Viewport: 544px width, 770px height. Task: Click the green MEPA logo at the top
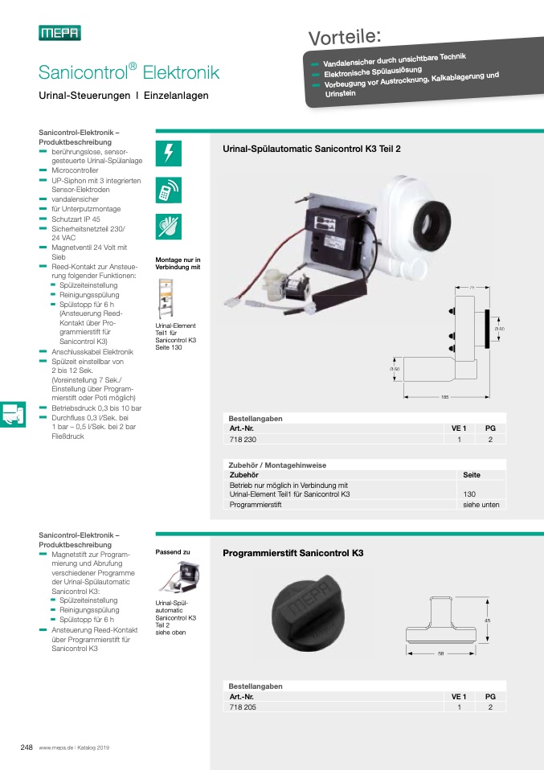coord(59,33)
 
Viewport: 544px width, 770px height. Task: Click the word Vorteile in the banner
coord(344,37)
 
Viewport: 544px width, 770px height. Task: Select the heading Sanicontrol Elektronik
coord(129,73)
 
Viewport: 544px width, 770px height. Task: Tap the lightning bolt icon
coord(169,153)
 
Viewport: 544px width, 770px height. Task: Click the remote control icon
coord(169,190)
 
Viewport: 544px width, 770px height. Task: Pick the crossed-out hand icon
coord(169,227)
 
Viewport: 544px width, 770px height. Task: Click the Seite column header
coord(472,475)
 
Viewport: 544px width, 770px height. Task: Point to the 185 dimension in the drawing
coord(444,397)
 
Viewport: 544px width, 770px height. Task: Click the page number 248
coord(27,747)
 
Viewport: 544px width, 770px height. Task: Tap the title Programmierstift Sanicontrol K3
coord(292,554)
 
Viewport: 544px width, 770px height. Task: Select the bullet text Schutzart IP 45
coord(76,219)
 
